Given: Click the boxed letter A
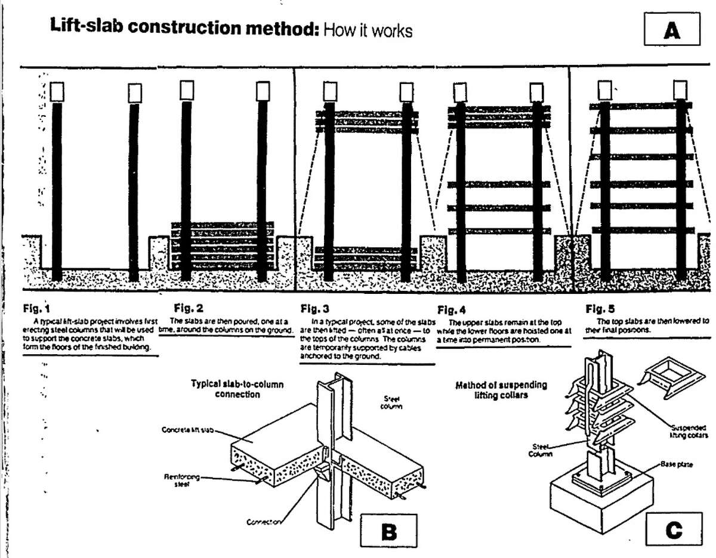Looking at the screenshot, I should (x=672, y=29).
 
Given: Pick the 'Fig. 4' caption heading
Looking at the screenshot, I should (x=452, y=310).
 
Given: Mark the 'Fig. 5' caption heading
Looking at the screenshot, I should (x=600, y=309).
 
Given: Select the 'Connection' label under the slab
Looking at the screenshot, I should (x=263, y=522).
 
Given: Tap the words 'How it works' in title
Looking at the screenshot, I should (x=368, y=30).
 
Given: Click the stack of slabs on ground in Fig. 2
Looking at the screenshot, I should (x=222, y=244).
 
